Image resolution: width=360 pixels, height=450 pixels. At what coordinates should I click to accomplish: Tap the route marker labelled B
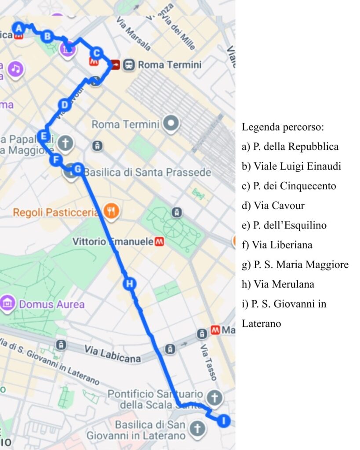pos(47,36)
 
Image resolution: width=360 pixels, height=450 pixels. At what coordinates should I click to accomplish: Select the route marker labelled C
pos(96,54)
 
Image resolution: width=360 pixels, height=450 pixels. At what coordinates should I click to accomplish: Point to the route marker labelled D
pos(64,105)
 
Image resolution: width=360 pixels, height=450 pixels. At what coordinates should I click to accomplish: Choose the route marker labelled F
pos(55,160)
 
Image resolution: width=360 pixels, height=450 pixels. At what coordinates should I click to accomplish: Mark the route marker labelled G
pos(77,169)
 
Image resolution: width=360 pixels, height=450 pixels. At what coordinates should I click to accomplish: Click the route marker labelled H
pos(129,284)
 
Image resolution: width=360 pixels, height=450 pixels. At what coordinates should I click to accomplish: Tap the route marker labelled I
pos(224,421)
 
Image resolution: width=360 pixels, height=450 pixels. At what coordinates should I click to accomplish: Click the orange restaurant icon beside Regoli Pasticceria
pos(112,212)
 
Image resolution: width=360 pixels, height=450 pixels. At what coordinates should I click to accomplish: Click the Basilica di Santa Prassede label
pos(147,172)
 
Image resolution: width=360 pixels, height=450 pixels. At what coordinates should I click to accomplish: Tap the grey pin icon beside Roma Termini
pos(171,124)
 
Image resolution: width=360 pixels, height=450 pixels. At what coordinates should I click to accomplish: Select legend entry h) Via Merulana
pos(278,284)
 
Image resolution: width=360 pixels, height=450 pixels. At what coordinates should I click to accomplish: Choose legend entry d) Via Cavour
pos(273,206)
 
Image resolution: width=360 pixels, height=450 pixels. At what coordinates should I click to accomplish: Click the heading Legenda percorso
pos(283,127)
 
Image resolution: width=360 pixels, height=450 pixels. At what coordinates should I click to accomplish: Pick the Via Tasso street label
pos(209,362)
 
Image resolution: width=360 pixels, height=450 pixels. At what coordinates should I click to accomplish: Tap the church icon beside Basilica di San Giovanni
pos(197,428)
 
